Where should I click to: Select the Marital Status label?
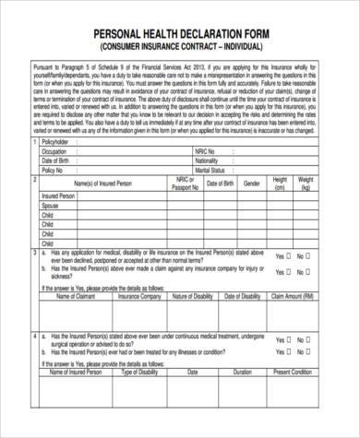tap(210, 170)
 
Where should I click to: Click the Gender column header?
tap(251, 184)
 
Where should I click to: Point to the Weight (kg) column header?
tap(306, 184)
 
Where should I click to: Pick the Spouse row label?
tap(54, 205)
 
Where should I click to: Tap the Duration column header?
tap(243, 372)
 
